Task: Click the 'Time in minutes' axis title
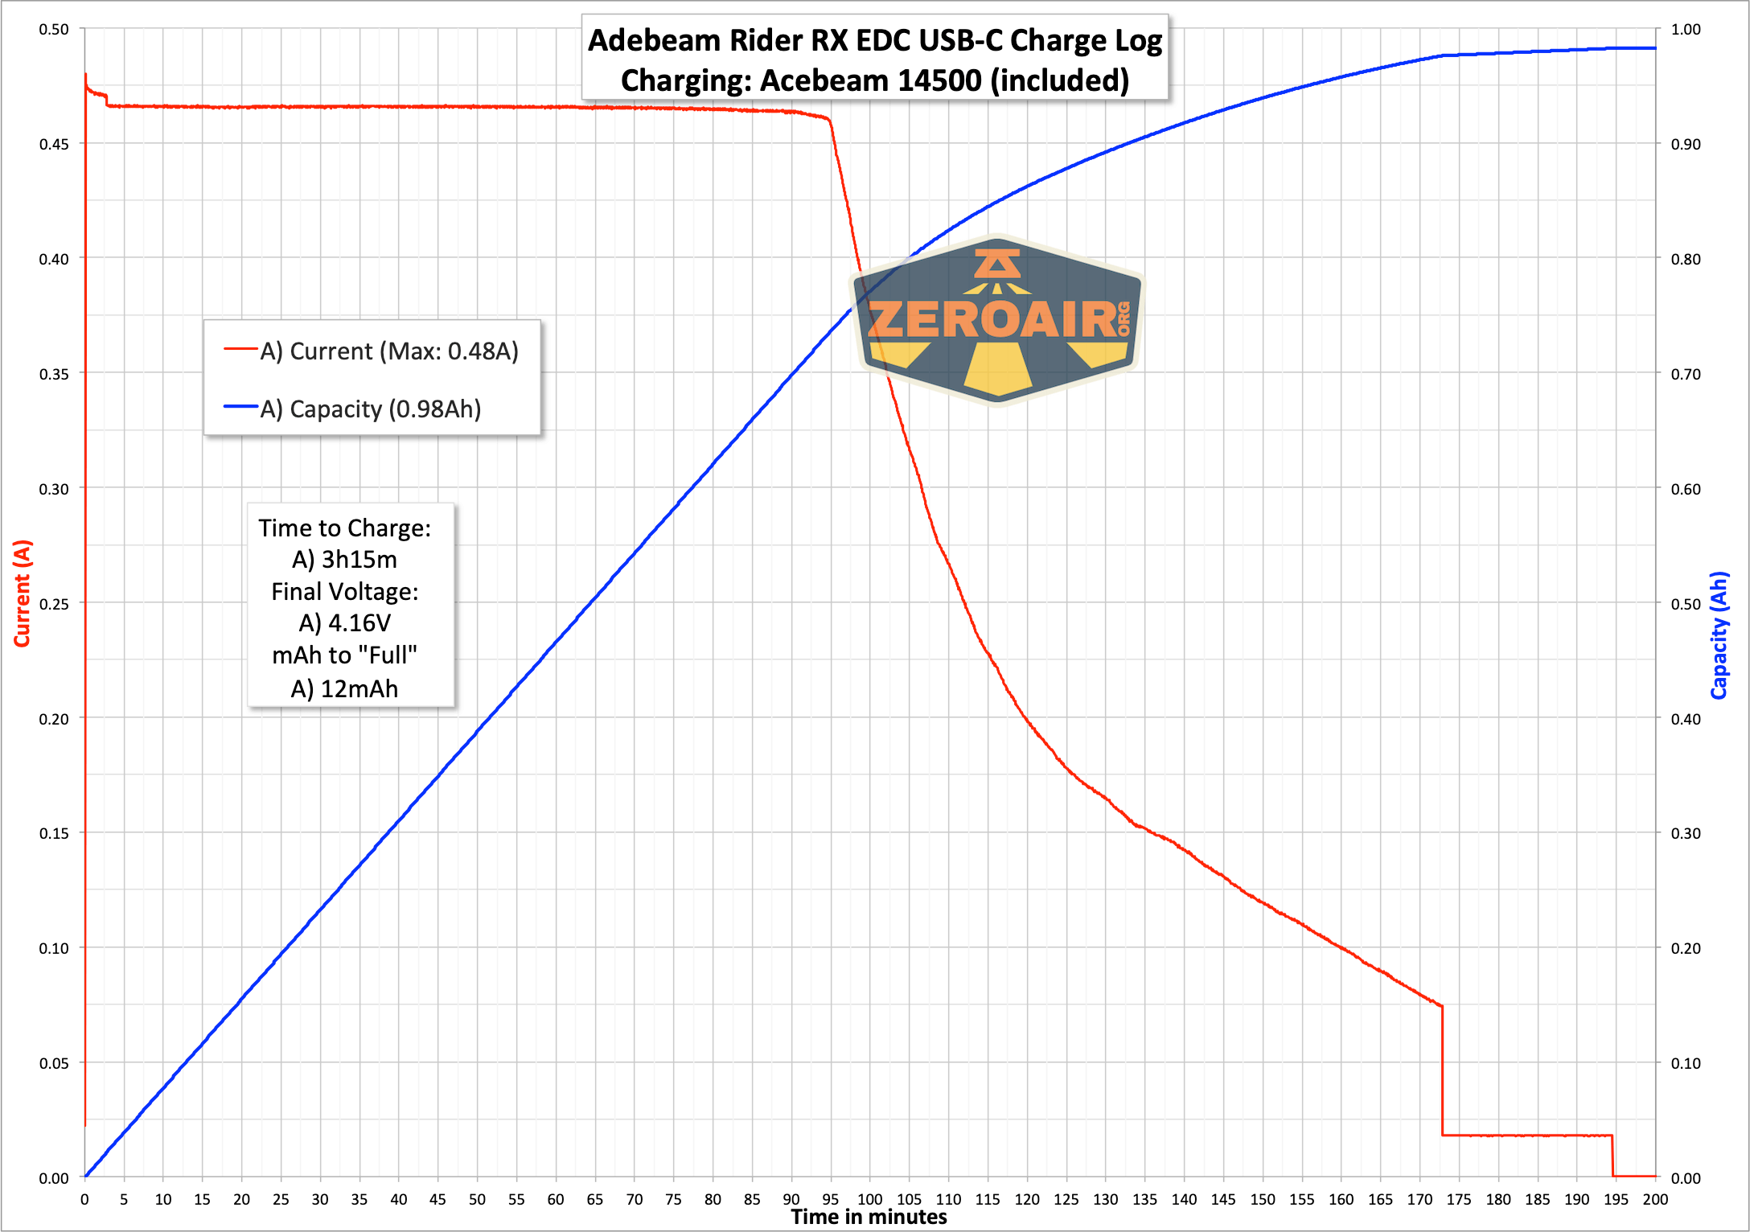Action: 869,1217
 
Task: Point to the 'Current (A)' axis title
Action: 22,593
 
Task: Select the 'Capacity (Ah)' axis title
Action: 1719,635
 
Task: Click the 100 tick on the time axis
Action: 869,1199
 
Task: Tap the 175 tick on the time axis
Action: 1458,1199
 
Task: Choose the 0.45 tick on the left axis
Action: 54,144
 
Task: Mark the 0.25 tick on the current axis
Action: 54,604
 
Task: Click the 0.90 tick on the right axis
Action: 1686,144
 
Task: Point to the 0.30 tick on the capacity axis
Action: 1686,833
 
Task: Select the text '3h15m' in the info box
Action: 359,560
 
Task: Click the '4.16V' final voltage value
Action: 359,623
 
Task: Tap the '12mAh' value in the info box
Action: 359,689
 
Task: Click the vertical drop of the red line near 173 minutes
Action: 1442,1070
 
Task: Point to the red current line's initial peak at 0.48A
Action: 85,75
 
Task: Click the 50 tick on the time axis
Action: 477,1199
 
